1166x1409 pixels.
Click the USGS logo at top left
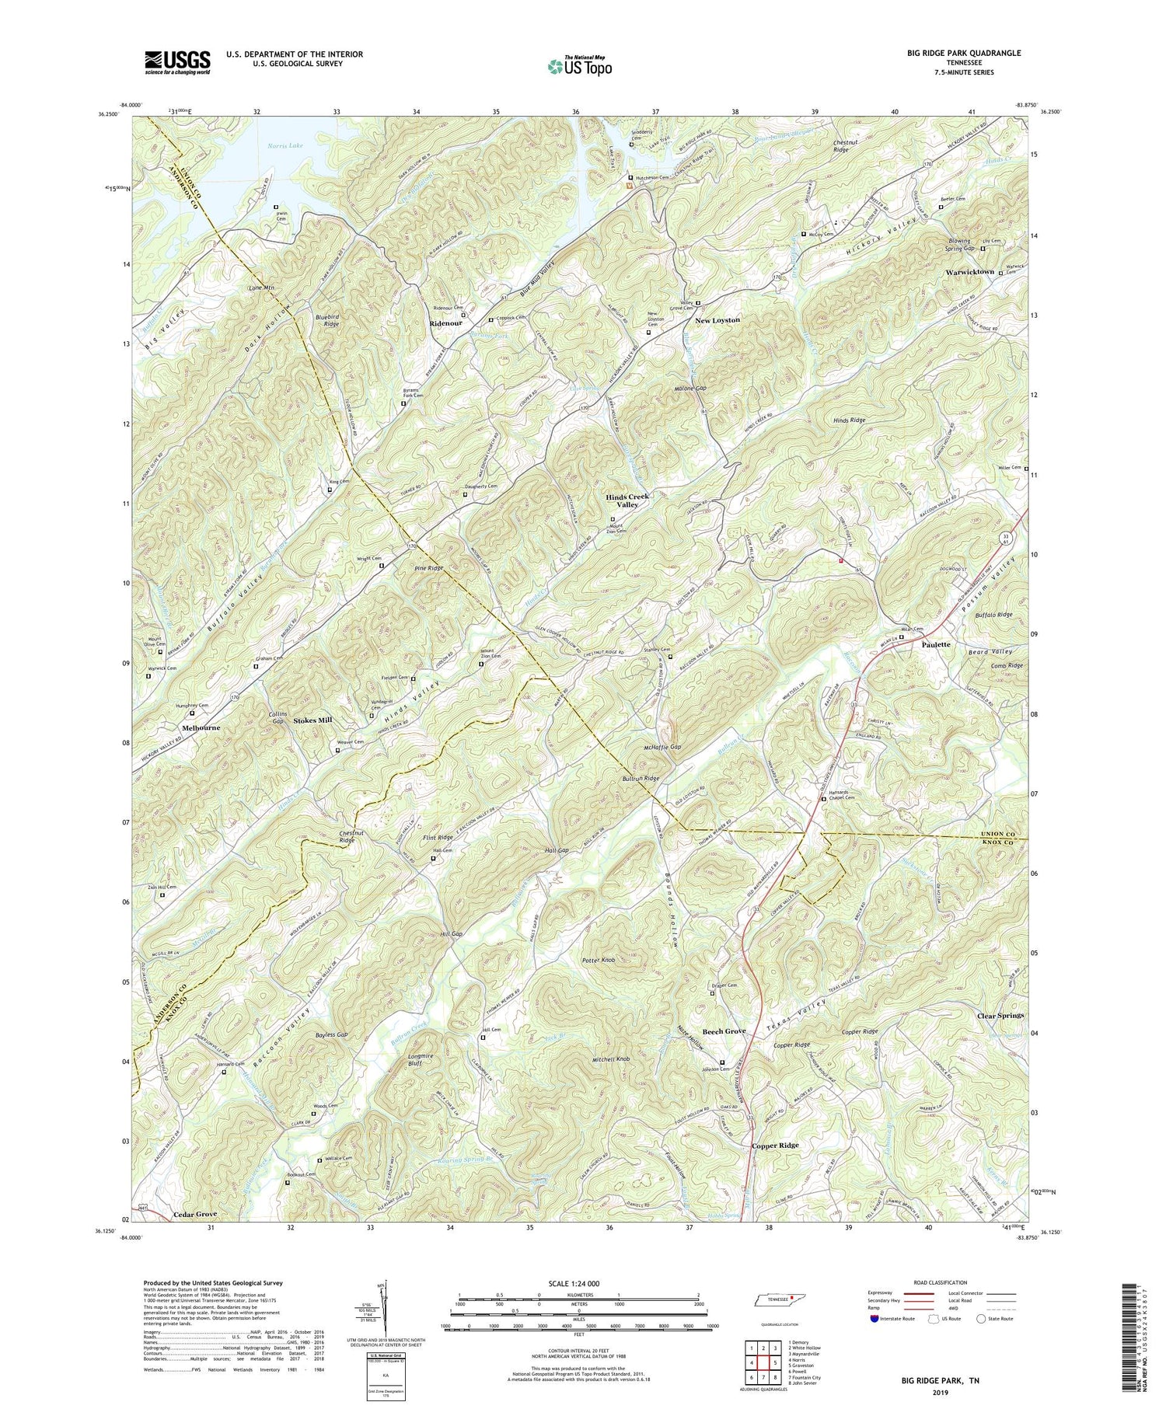[x=177, y=62]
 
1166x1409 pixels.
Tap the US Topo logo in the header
[x=579, y=67]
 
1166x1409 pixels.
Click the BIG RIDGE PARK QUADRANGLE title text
[x=958, y=53]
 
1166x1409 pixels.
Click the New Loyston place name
[x=717, y=320]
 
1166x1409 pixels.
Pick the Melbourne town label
[x=201, y=727]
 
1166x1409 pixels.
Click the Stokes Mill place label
[x=312, y=720]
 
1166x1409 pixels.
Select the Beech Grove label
[x=724, y=1031]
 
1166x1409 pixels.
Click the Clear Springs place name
[x=1000, y=1016]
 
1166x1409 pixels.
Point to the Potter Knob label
[x=598, y=961]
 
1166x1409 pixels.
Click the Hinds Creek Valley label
[x=627, y=500]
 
